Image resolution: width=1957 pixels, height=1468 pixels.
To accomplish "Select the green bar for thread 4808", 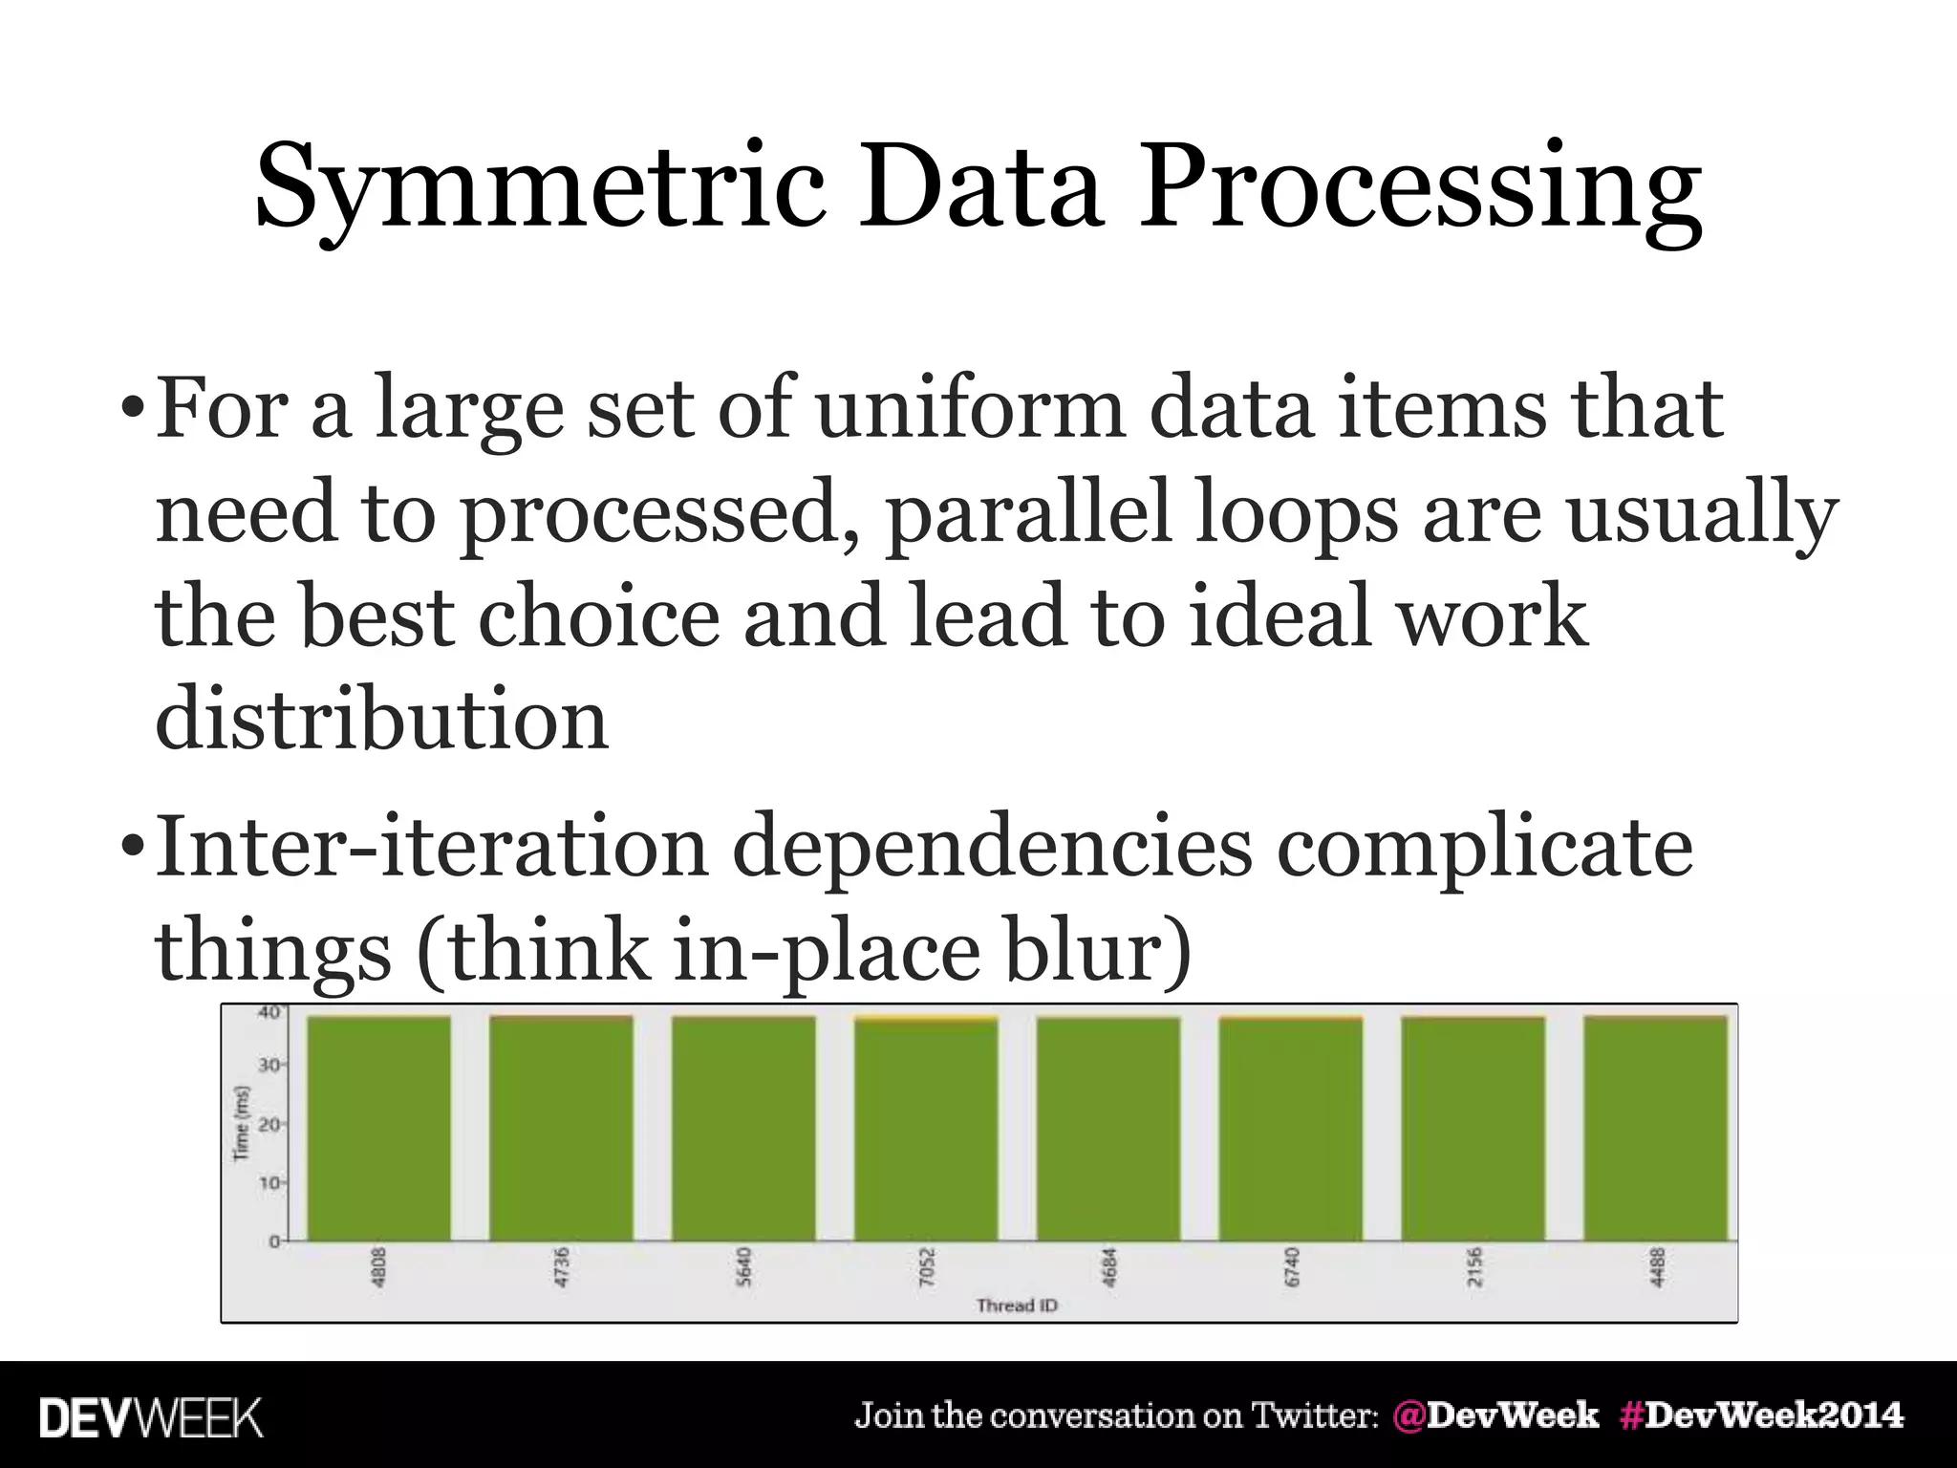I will coord(378,1128).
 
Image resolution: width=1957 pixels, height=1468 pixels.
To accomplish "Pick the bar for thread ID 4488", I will coord(1655,1128).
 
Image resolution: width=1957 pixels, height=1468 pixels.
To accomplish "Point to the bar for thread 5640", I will coord(743,1128).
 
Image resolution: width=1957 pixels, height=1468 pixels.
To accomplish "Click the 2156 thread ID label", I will coord(1473,1267).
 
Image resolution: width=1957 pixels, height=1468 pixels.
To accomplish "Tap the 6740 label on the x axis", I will coord(1291,1267).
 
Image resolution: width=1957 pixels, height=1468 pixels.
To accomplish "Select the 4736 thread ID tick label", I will coord(562,1267).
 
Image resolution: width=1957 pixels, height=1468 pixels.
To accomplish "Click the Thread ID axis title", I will coord(1017,1306).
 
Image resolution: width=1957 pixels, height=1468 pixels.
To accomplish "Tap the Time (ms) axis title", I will coord(242,1123).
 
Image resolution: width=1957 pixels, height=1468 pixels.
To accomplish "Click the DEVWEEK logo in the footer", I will coord(151,1417).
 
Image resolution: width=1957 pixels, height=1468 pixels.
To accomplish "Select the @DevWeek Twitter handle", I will coord(1495,1414).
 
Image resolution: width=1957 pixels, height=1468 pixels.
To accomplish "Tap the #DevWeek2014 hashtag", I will coord(1761,1414).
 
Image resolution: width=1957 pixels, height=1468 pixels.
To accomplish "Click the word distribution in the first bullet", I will coord(381,719).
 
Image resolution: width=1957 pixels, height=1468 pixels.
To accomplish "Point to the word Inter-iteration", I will coord(431,847).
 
